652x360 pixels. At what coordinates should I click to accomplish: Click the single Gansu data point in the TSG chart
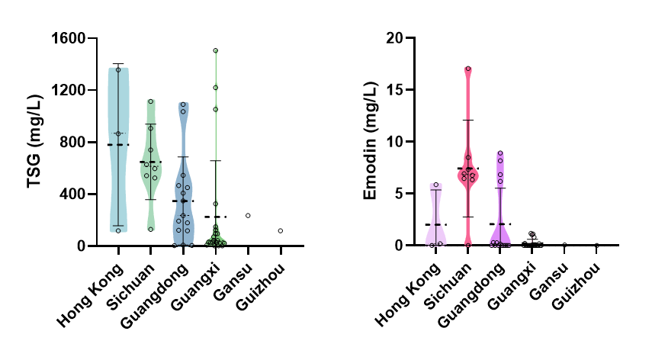tap(248, 216)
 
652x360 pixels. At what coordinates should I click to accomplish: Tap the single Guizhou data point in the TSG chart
tap(281, 230)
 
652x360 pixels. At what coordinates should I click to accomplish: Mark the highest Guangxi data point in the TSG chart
tap(216, 50)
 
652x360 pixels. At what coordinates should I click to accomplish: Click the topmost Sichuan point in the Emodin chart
tap(468, 69)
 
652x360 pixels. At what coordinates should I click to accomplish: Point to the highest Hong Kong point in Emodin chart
tap(436, 185)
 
